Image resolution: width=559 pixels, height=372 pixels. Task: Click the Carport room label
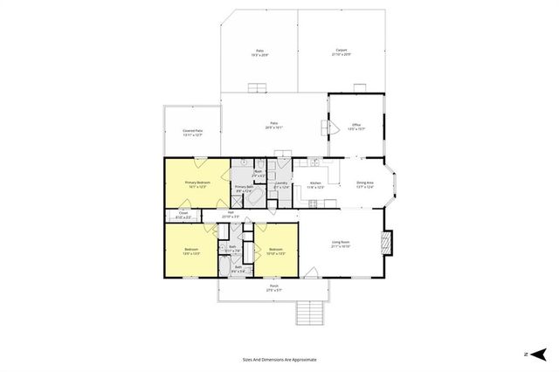click(x=342, y=50)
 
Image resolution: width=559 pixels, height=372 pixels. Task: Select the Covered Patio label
click(x=193, y=130)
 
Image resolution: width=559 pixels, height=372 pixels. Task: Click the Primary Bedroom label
click(x=196, y=182)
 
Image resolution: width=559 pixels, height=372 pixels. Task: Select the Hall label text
click(x=231, y=213)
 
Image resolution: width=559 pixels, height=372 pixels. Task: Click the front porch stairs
click(x=310, y=311)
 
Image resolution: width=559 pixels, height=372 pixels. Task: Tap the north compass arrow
click(x=538, y=354)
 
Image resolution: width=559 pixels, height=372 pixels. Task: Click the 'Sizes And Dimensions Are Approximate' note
click(x=279, y=359)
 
